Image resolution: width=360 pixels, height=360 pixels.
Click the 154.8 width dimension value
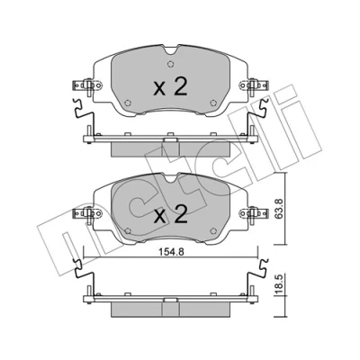(x=170, y=252)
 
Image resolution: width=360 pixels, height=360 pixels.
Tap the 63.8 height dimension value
(x=278, y=210)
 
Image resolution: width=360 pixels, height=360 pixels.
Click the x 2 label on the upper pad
(x=170, y=87)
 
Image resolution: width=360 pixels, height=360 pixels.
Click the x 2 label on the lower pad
(x=170, y=214)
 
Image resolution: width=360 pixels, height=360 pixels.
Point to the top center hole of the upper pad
(x=170, y=64)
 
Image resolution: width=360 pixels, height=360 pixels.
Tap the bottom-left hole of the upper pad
(x=128, y=103)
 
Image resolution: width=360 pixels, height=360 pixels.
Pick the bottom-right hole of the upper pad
(x=213, y=103)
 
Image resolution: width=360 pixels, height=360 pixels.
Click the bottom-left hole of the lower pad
(x=128, y=230)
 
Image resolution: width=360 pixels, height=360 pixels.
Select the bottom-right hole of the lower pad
(x=213, y=231)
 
